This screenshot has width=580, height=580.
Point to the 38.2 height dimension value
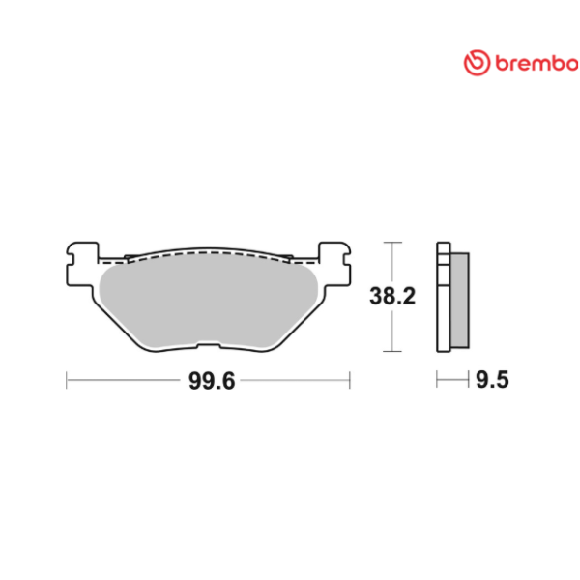pos(391,297)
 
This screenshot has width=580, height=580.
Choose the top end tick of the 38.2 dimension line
pos(391,242)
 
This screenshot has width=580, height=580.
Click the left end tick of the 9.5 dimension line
pos(438,380)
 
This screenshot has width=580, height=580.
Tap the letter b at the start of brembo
pos(501,63)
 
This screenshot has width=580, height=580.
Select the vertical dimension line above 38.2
pos(391,263)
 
